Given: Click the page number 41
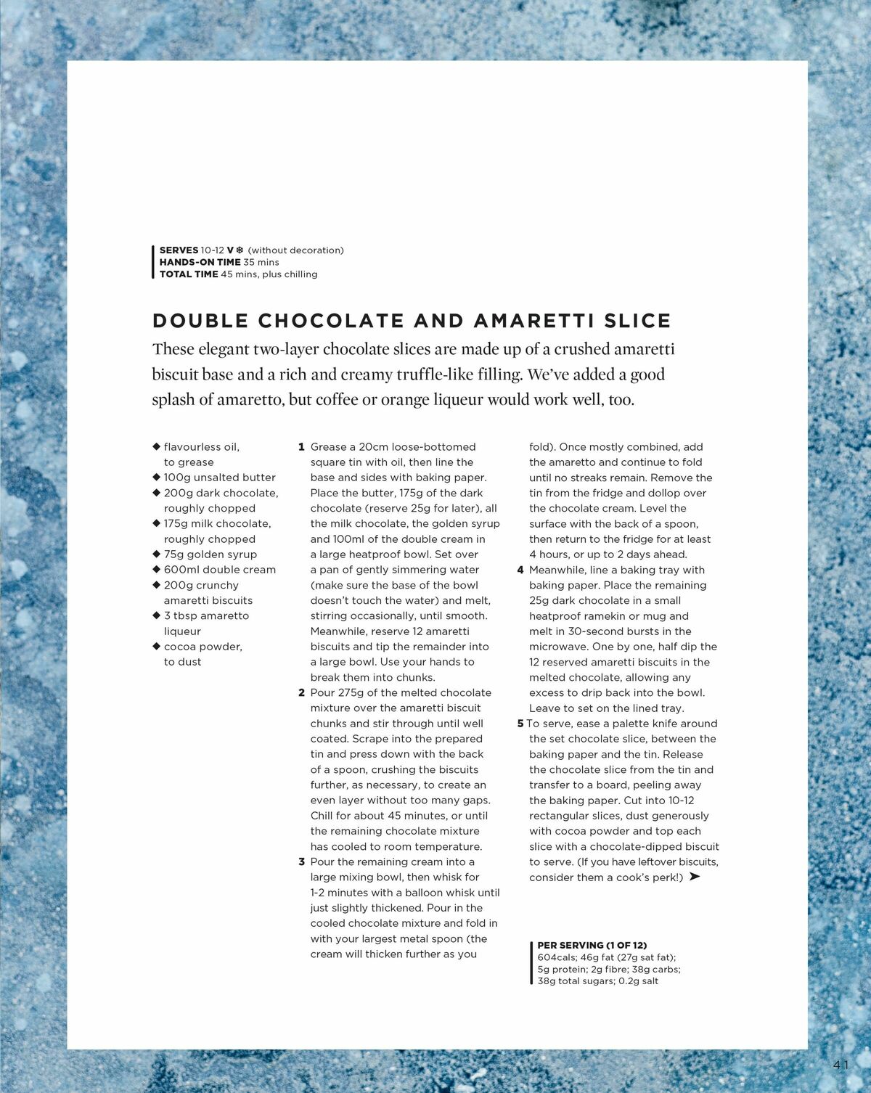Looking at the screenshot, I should click(841, 1065).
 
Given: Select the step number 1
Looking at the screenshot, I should click(301, 447).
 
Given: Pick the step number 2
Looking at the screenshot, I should click(301, 692).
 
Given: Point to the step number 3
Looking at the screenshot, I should click(301, 861).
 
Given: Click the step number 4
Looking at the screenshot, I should click(520, 570).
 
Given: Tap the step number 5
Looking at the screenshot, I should click(520, 724).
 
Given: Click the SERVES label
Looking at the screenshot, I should click(179, 250).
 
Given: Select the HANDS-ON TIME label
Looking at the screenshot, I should click(200, 262).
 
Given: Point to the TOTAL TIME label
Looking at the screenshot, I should click(189, 274).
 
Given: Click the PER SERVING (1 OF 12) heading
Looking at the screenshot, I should click(592, 945).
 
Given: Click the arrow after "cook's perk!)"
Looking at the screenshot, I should click(695, 877).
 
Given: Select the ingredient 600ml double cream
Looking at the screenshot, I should click(219, 570).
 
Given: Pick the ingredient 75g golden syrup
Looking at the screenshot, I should click(210, 554).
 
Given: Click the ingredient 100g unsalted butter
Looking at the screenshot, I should click(219, 478).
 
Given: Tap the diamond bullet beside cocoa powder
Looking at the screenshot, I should click(156, 646).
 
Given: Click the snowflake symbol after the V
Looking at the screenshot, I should click(240, 250).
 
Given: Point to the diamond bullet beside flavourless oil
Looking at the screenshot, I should click(156, 446).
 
